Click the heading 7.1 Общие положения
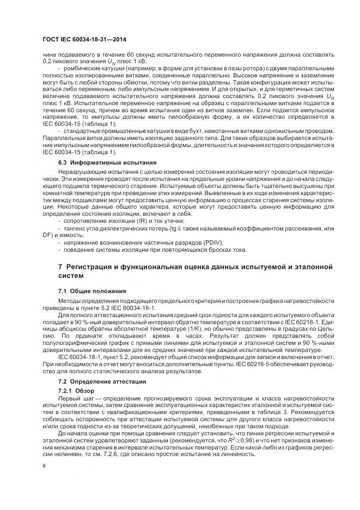pos(92,291)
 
